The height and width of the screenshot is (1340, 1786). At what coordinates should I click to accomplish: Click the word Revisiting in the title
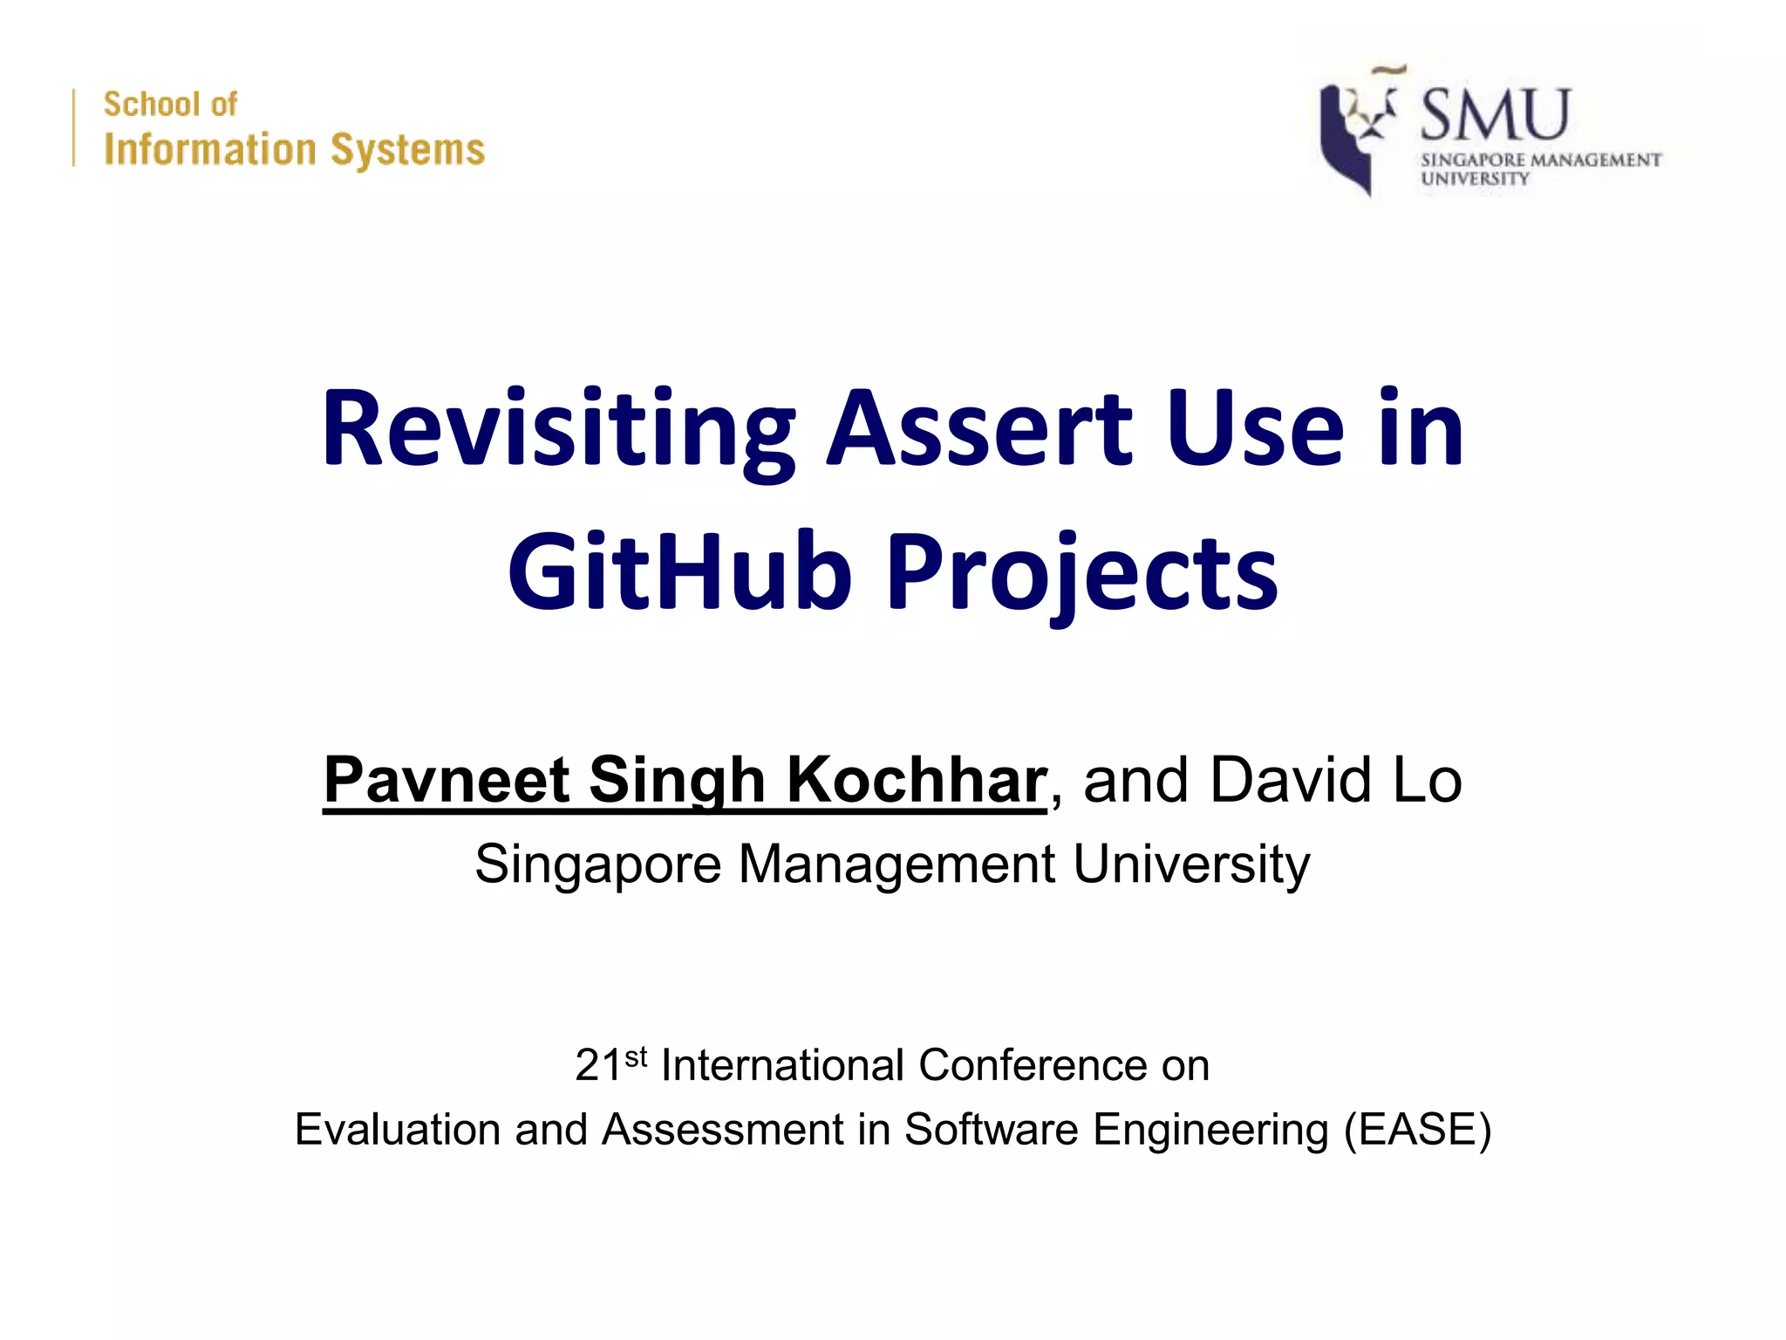coord(558,430)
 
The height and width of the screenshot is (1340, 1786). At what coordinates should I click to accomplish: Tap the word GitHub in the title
coord(679,573)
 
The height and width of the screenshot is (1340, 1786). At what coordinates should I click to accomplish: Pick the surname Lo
coord(1427,780)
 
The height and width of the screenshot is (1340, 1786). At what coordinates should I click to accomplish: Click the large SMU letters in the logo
coord(1495,115)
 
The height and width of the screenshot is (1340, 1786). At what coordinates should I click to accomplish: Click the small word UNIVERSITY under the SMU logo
coord(1475,179)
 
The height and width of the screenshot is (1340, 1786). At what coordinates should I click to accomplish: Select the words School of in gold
coord(170,105)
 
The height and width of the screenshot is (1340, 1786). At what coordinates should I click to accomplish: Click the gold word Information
coord(209,150)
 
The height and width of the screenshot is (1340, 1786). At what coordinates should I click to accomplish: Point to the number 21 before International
coord(598,1066)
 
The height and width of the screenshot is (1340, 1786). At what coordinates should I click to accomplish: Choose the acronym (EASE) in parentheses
coord(1417,1130)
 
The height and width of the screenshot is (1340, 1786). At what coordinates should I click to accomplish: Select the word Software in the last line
coord(992,1130)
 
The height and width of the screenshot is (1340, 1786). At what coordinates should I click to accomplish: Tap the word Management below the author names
coord(897,865)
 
